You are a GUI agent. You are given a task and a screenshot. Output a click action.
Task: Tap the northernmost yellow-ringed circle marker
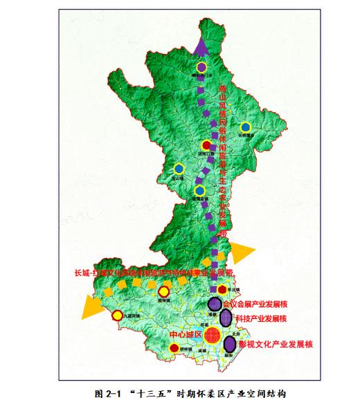point(201,67)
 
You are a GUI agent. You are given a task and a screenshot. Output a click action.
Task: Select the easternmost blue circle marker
point(245,127)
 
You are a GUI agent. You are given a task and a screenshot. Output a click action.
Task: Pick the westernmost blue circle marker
point(179,168)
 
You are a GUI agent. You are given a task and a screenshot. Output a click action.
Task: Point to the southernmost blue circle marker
point(199,190)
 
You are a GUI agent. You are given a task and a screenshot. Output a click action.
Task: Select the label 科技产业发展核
point(261,319)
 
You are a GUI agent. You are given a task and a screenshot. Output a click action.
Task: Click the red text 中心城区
point(184,335)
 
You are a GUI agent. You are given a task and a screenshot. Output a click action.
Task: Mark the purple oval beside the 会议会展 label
point(216,303)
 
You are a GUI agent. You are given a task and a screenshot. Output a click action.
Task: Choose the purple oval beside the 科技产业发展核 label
point(226,318)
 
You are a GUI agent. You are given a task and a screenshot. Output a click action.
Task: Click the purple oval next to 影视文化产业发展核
point(229,342)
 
